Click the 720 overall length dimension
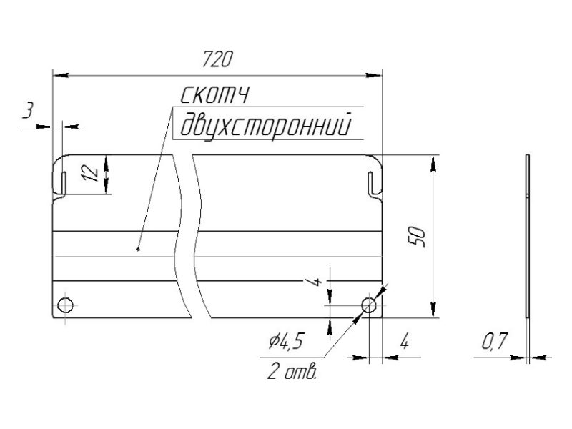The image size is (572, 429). coord(217,60)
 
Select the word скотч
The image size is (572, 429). coord(214,95)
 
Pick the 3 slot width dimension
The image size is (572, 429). coord(28,111)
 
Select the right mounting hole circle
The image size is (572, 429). coord(369,305)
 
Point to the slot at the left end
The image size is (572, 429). coord(62,182)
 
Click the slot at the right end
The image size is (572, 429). coord(372,182)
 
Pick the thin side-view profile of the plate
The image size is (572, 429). coord(527,236)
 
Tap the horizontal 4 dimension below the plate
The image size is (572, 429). coord(404,342)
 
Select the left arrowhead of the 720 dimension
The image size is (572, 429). coord(57,73)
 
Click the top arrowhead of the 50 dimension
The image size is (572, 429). coord(433,161)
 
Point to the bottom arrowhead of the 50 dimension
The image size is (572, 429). coord(433,312)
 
